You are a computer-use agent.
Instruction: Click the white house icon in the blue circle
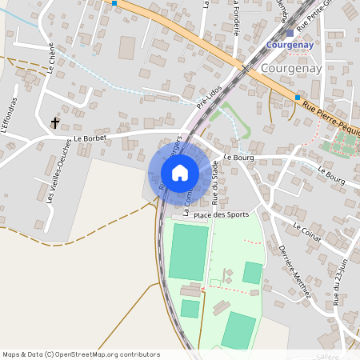(180, 172)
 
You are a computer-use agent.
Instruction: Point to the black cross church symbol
(56, 123)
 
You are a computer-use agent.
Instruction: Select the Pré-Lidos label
(207, 97)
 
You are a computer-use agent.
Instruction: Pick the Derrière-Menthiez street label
(294, 272)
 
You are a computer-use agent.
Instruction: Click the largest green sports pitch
(188, 251)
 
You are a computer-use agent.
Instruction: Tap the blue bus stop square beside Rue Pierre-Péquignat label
(298, 98)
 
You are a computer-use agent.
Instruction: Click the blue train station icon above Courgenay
(290, 34)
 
